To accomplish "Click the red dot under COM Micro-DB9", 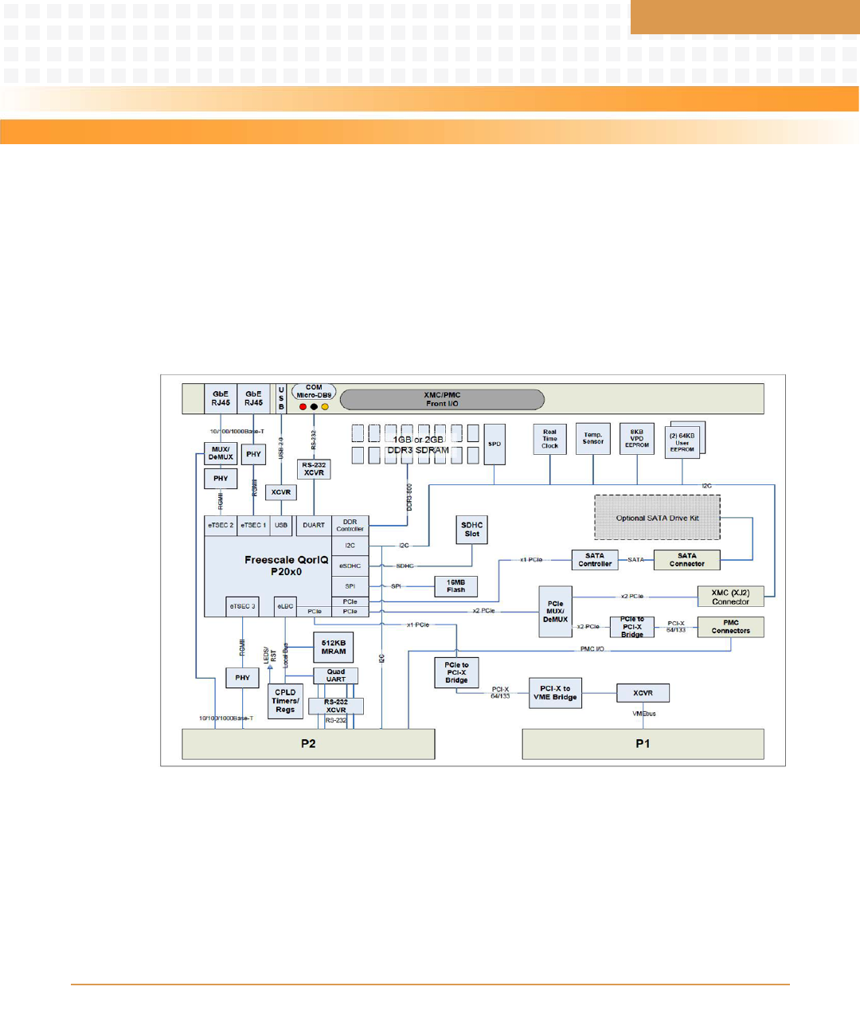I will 303,406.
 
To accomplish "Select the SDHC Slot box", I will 471,530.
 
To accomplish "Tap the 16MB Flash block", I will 455,586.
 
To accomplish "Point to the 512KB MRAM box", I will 334,647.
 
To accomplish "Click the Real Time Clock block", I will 549,439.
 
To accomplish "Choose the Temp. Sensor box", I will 592,439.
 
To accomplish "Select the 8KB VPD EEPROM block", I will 636,439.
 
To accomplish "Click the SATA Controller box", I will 595,560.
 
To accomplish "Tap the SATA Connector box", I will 686,560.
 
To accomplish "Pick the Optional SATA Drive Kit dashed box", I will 657,518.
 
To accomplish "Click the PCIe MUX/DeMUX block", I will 555,612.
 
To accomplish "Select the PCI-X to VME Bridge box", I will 555,693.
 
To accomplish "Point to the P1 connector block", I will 643,744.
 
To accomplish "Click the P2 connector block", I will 308,744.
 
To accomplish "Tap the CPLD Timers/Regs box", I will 285,701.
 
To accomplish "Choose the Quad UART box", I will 336,675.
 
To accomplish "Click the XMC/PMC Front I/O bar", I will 442,399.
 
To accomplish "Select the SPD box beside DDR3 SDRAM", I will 494,444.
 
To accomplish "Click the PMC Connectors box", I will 730,627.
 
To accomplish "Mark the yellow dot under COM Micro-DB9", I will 325,406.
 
